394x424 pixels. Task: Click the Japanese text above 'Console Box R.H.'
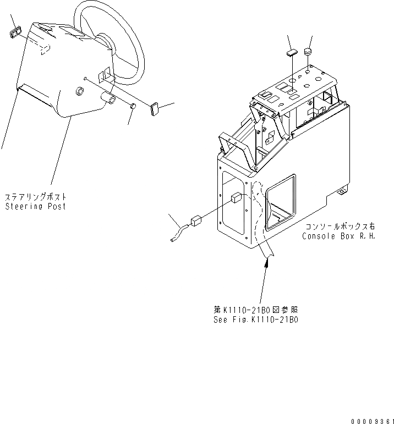[340, 227]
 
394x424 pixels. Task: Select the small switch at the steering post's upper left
[14, 31]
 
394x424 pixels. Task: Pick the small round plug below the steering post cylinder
[133, 106]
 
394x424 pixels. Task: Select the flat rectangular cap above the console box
[292, 53]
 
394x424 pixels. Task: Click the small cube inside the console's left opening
[236, 199]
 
